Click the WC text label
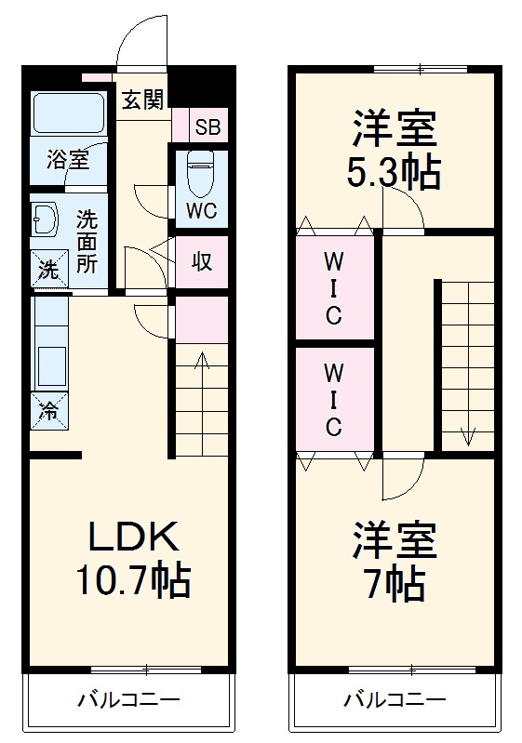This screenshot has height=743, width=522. click(x=200, y=211)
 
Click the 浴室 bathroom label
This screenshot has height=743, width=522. click(x=67, y=159)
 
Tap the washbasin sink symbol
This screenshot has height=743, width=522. click(x=45, y=220)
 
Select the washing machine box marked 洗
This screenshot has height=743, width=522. click(x=46, y=270)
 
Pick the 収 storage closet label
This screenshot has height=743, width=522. click(x=201, y=261)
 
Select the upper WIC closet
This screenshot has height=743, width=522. click(x=333, y=287)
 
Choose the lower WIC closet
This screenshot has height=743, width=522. click(x=333, y=400)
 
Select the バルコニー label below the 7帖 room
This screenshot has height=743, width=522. click(x=395, y=698)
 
